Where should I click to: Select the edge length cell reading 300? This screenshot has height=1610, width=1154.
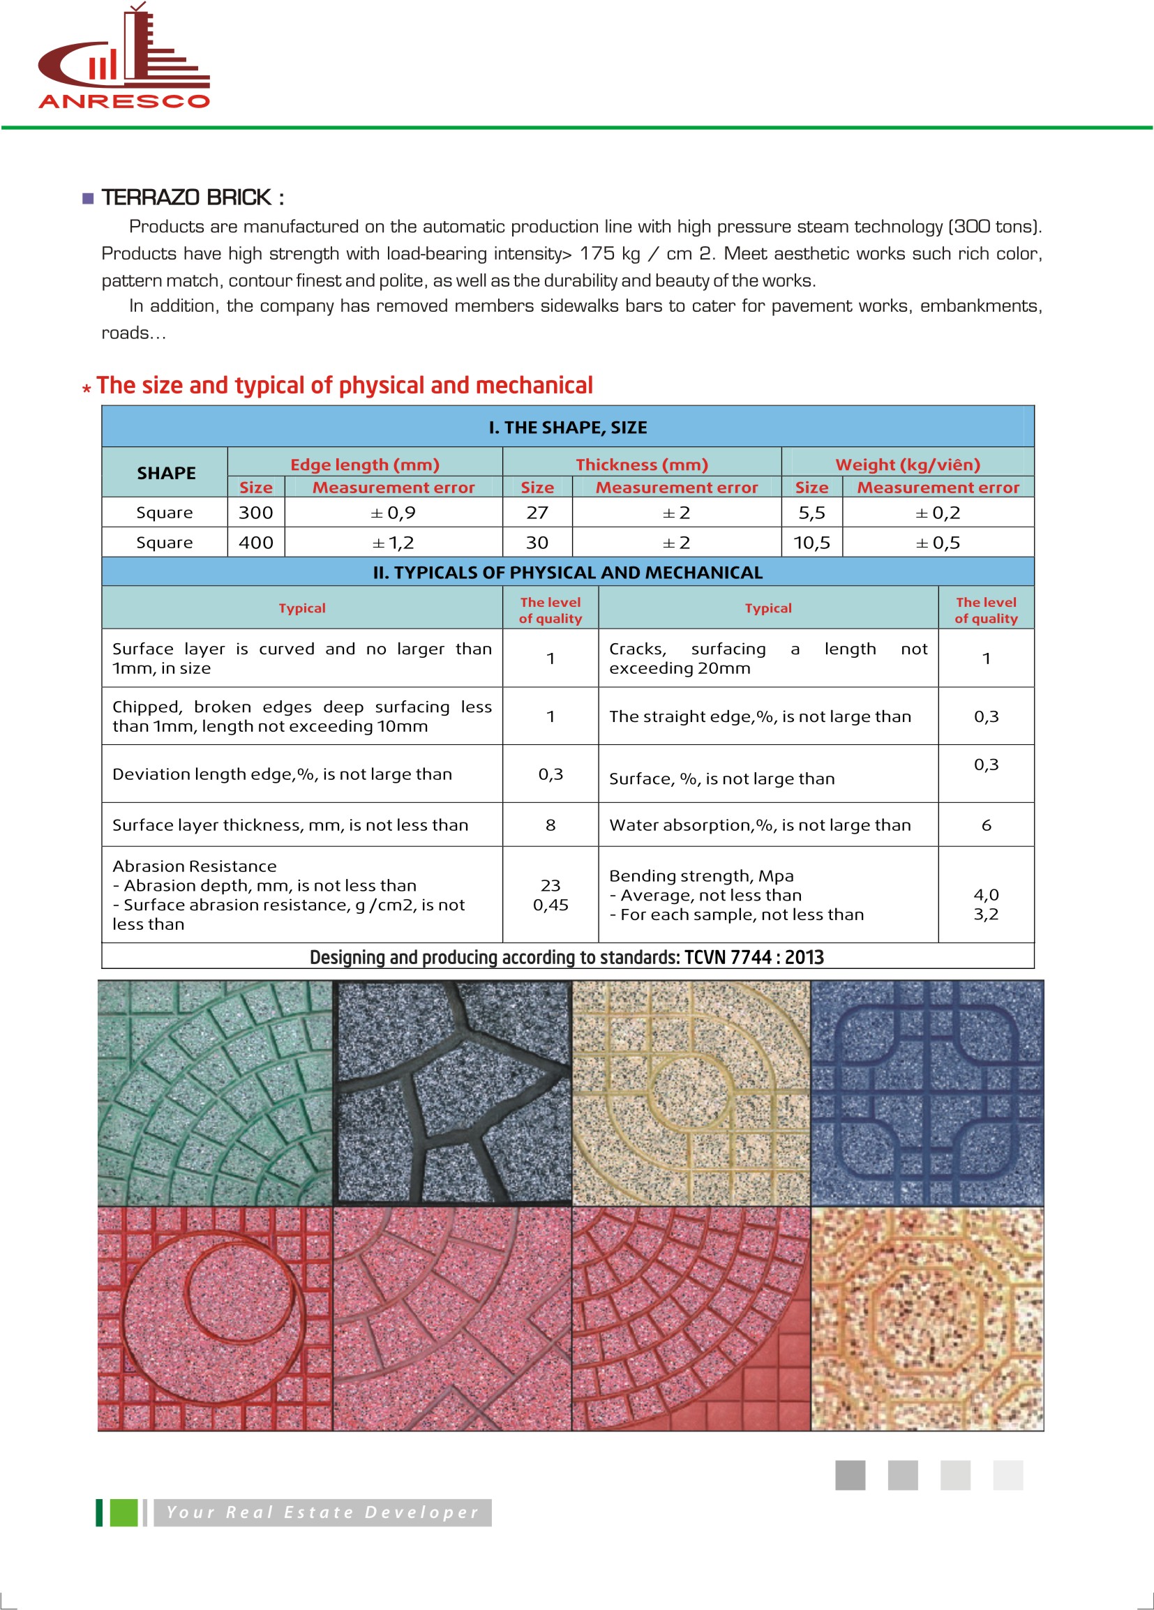pos(255,513)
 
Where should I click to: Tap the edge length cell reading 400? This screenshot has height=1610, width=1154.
pos(255,543)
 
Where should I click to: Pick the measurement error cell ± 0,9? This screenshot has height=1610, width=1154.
pos(394,513)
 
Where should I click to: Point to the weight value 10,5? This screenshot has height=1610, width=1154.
pos(811,543)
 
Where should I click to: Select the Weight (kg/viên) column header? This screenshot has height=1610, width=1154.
pos(908,465)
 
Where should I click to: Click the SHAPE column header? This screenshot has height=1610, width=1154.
pos(166,473)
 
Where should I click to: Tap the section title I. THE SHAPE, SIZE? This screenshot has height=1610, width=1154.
pos(567,428)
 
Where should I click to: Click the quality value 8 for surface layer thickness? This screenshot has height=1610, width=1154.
pos(550,825)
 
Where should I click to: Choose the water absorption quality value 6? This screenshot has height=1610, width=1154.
pos(986,825)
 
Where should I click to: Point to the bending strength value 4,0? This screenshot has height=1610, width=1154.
pos(986,894)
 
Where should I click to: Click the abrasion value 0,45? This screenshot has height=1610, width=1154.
pos(550,905)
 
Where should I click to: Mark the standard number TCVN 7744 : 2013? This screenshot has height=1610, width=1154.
pos(754,957)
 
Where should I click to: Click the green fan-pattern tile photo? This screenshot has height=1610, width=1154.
pos(215,1093)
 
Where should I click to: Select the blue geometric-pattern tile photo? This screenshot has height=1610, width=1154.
pos(927,1093)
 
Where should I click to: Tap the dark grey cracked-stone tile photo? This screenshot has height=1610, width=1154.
pos(453,1093)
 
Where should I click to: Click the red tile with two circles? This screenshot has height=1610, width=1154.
pos(215,1319)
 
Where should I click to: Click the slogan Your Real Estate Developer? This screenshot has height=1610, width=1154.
pos(322,1512)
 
